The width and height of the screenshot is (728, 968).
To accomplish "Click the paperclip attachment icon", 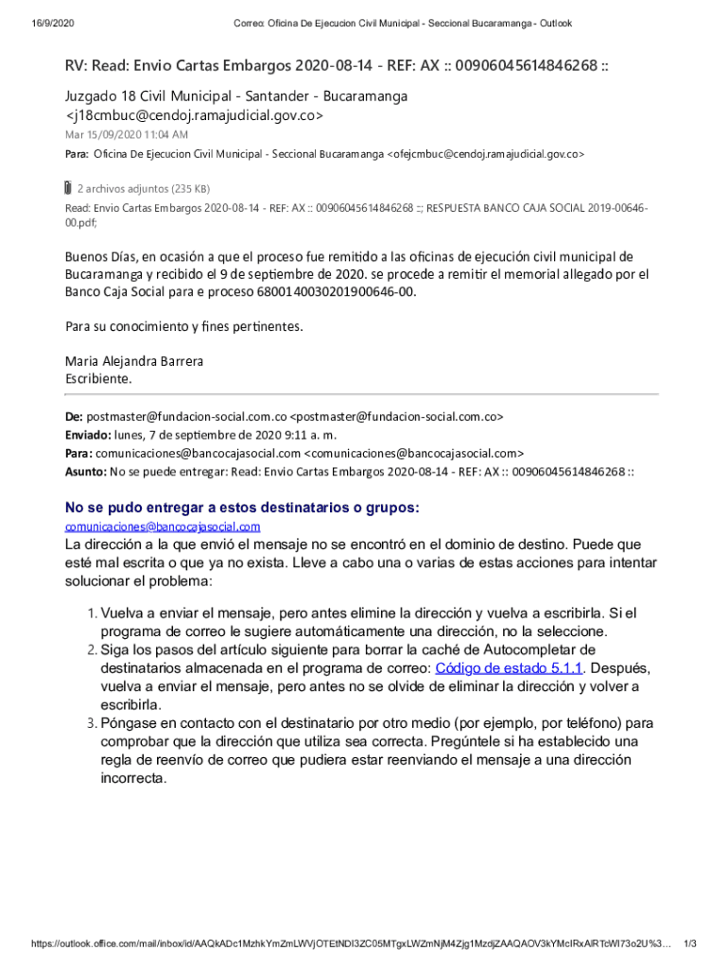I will coord(67,186).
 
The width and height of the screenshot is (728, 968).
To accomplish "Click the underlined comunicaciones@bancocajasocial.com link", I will coord(162,527).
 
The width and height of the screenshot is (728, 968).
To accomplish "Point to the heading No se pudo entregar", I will coord(241,508).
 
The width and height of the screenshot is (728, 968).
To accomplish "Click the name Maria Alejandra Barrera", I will coord(133,361).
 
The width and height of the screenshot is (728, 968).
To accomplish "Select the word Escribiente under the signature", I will coord(98,378).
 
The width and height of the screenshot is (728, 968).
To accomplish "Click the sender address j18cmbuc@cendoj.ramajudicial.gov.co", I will coord(194,115).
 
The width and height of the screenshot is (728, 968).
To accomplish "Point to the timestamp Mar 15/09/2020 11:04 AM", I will coord(126,135).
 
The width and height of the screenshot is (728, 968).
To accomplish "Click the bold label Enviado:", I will coord(87,435).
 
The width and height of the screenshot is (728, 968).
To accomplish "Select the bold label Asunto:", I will coord(85,471).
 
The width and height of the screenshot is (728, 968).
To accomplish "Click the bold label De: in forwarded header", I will coord(74,417).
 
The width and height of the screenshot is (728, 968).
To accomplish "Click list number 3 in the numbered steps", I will coord(92,724).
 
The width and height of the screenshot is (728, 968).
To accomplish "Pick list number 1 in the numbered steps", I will coord(92,614).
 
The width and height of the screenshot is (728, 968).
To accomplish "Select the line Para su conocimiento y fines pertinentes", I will coord(183,326).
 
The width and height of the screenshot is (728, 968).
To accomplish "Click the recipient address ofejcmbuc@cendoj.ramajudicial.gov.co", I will coord(486,153).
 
